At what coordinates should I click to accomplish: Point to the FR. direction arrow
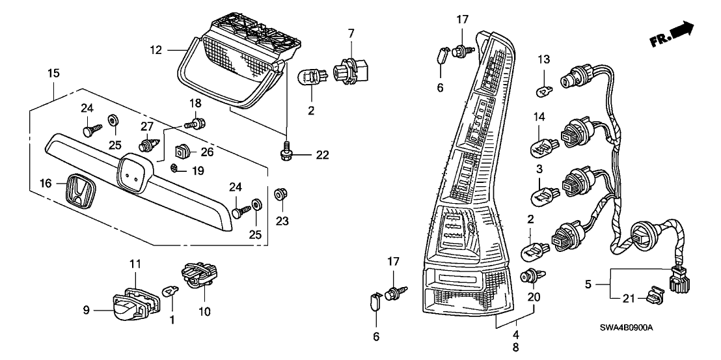671,37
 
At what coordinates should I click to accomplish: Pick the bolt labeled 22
285,154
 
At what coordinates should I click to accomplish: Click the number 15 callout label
53,74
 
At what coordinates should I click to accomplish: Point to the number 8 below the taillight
515,348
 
